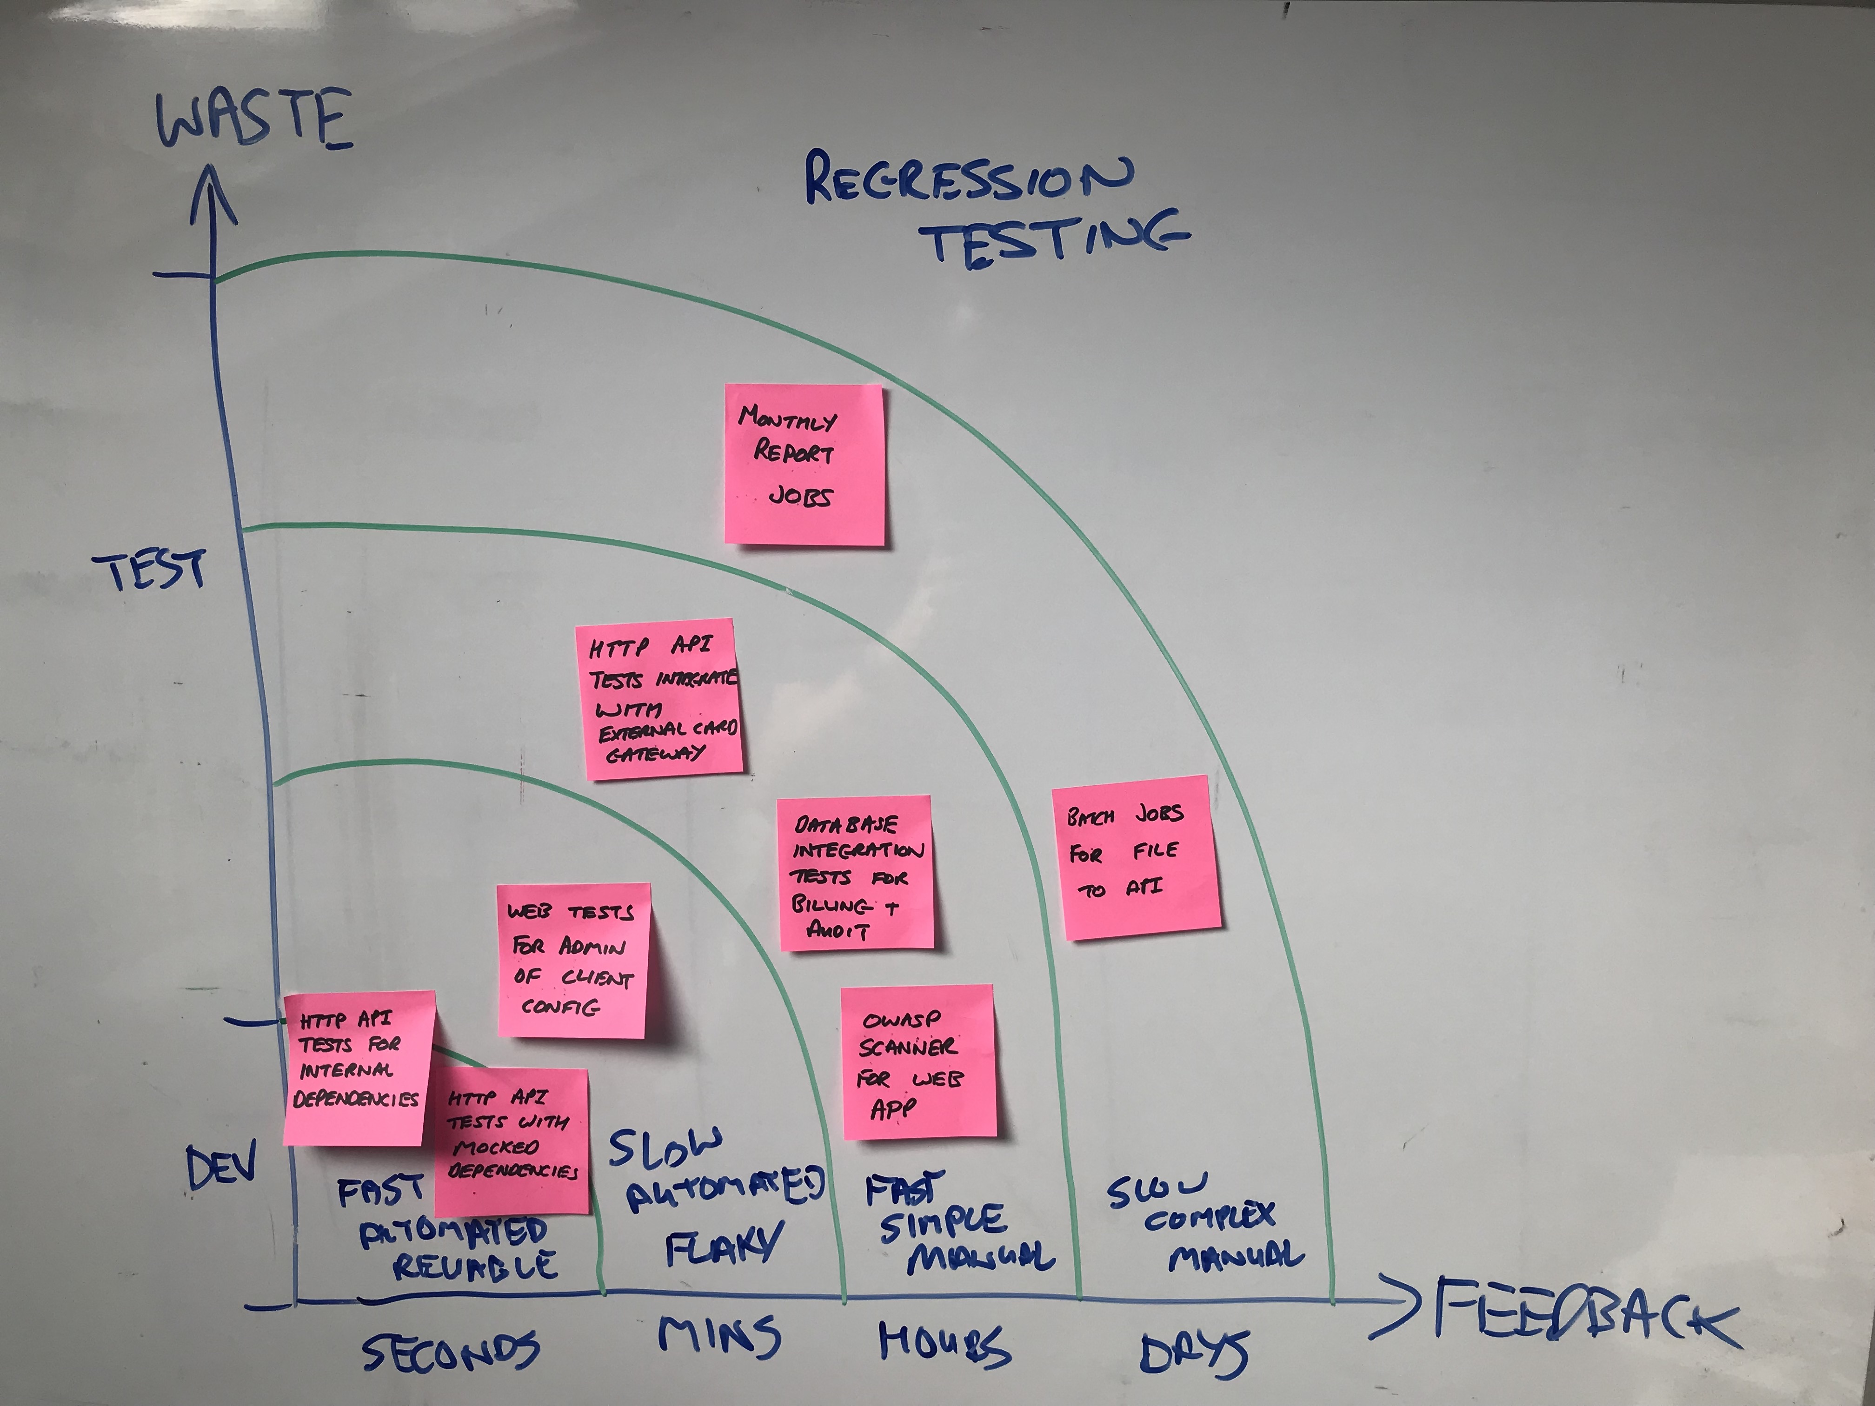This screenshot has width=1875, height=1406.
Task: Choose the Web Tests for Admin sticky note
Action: (573, 960)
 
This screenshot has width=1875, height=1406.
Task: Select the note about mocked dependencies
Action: (512, 1140)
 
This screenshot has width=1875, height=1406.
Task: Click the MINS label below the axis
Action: (719, 1337)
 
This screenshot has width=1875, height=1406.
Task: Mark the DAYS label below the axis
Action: (1193, 1353)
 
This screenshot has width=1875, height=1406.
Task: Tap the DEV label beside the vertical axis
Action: (220, 1169)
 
